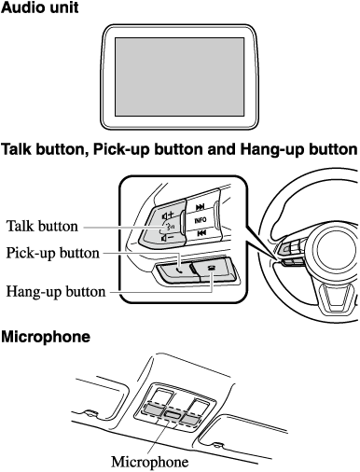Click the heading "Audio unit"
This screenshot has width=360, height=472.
(40, 7)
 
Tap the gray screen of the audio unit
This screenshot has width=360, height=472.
(179, 76)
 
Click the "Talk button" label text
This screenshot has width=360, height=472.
(42, 226)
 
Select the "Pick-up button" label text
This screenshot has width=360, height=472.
(52, 253)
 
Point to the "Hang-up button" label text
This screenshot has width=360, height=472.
(56, 292)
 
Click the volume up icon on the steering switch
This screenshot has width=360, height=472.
(168, 215)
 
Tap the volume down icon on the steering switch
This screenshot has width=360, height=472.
(167, 239)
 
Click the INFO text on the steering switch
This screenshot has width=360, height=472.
(201, 220)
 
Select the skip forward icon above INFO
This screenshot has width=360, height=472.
(200, 207)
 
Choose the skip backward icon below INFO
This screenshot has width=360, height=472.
(201, 233)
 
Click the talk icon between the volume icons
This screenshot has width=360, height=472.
(170, 227)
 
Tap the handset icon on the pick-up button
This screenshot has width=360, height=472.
(179, 270)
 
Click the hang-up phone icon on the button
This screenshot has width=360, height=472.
(212, 268)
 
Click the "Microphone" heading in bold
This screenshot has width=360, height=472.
(46, 337)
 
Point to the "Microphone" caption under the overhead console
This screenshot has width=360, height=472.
(150, 462)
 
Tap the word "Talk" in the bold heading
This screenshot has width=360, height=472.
(17, 149)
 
